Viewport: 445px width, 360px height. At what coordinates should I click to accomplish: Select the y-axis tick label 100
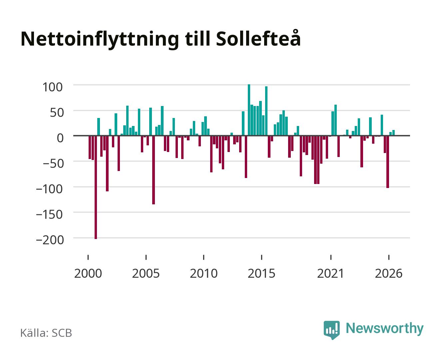pyautogui.click(x=52, y=87)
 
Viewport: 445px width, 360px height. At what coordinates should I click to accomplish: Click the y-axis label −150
pyautogui.click(x=49, y=214)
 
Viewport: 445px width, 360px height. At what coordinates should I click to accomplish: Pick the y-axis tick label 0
pyautogui.click(x=60, y=138)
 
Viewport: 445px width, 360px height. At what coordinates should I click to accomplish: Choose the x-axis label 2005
pyautogui.click(x=146, y=273)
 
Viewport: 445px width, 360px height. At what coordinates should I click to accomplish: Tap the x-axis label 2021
pyautogui.click(x=330, y=273)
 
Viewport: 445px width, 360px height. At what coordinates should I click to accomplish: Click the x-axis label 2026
pyautogui.click(x=388, y=273)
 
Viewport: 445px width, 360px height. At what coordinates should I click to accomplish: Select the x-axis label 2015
pyautogui.click(x=261, y=273)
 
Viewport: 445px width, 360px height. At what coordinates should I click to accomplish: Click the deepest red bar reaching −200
pyautogui.click(x=96, y=187)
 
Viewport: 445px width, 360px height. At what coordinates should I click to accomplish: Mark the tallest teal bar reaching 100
pyautogui.click(x=249, y=110)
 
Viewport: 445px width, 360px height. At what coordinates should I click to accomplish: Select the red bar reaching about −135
pyautogui.click(x=154, y=170)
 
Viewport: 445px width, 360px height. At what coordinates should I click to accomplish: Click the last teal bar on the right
pyautogui.click(x=393, y=133)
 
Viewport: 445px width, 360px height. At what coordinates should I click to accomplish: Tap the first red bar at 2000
pyautogui.click(x=90, y=147)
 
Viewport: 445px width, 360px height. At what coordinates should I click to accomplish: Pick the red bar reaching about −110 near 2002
pyautogui.click(x=107, y=163)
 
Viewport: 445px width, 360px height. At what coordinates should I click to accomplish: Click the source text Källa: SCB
pyautogui.click(x=46, y=333)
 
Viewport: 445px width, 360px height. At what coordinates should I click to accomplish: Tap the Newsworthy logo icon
pyautogui.click(x=331, y=330)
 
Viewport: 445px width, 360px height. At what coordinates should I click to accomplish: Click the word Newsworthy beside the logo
pyautogui.click(x=385, y=329)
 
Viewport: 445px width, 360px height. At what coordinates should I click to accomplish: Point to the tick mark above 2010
pyautogui.click(x=204, y=257)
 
